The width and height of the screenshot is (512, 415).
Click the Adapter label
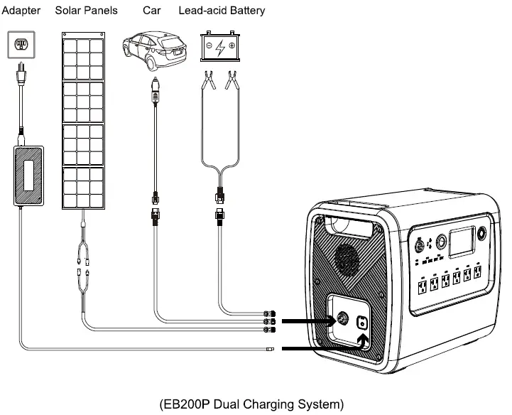point(22,11)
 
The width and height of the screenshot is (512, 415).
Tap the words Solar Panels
point(91,11)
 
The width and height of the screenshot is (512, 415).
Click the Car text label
point(151,11)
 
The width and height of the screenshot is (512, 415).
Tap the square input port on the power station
point(363,323)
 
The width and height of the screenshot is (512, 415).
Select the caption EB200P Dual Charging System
point(251,404)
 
